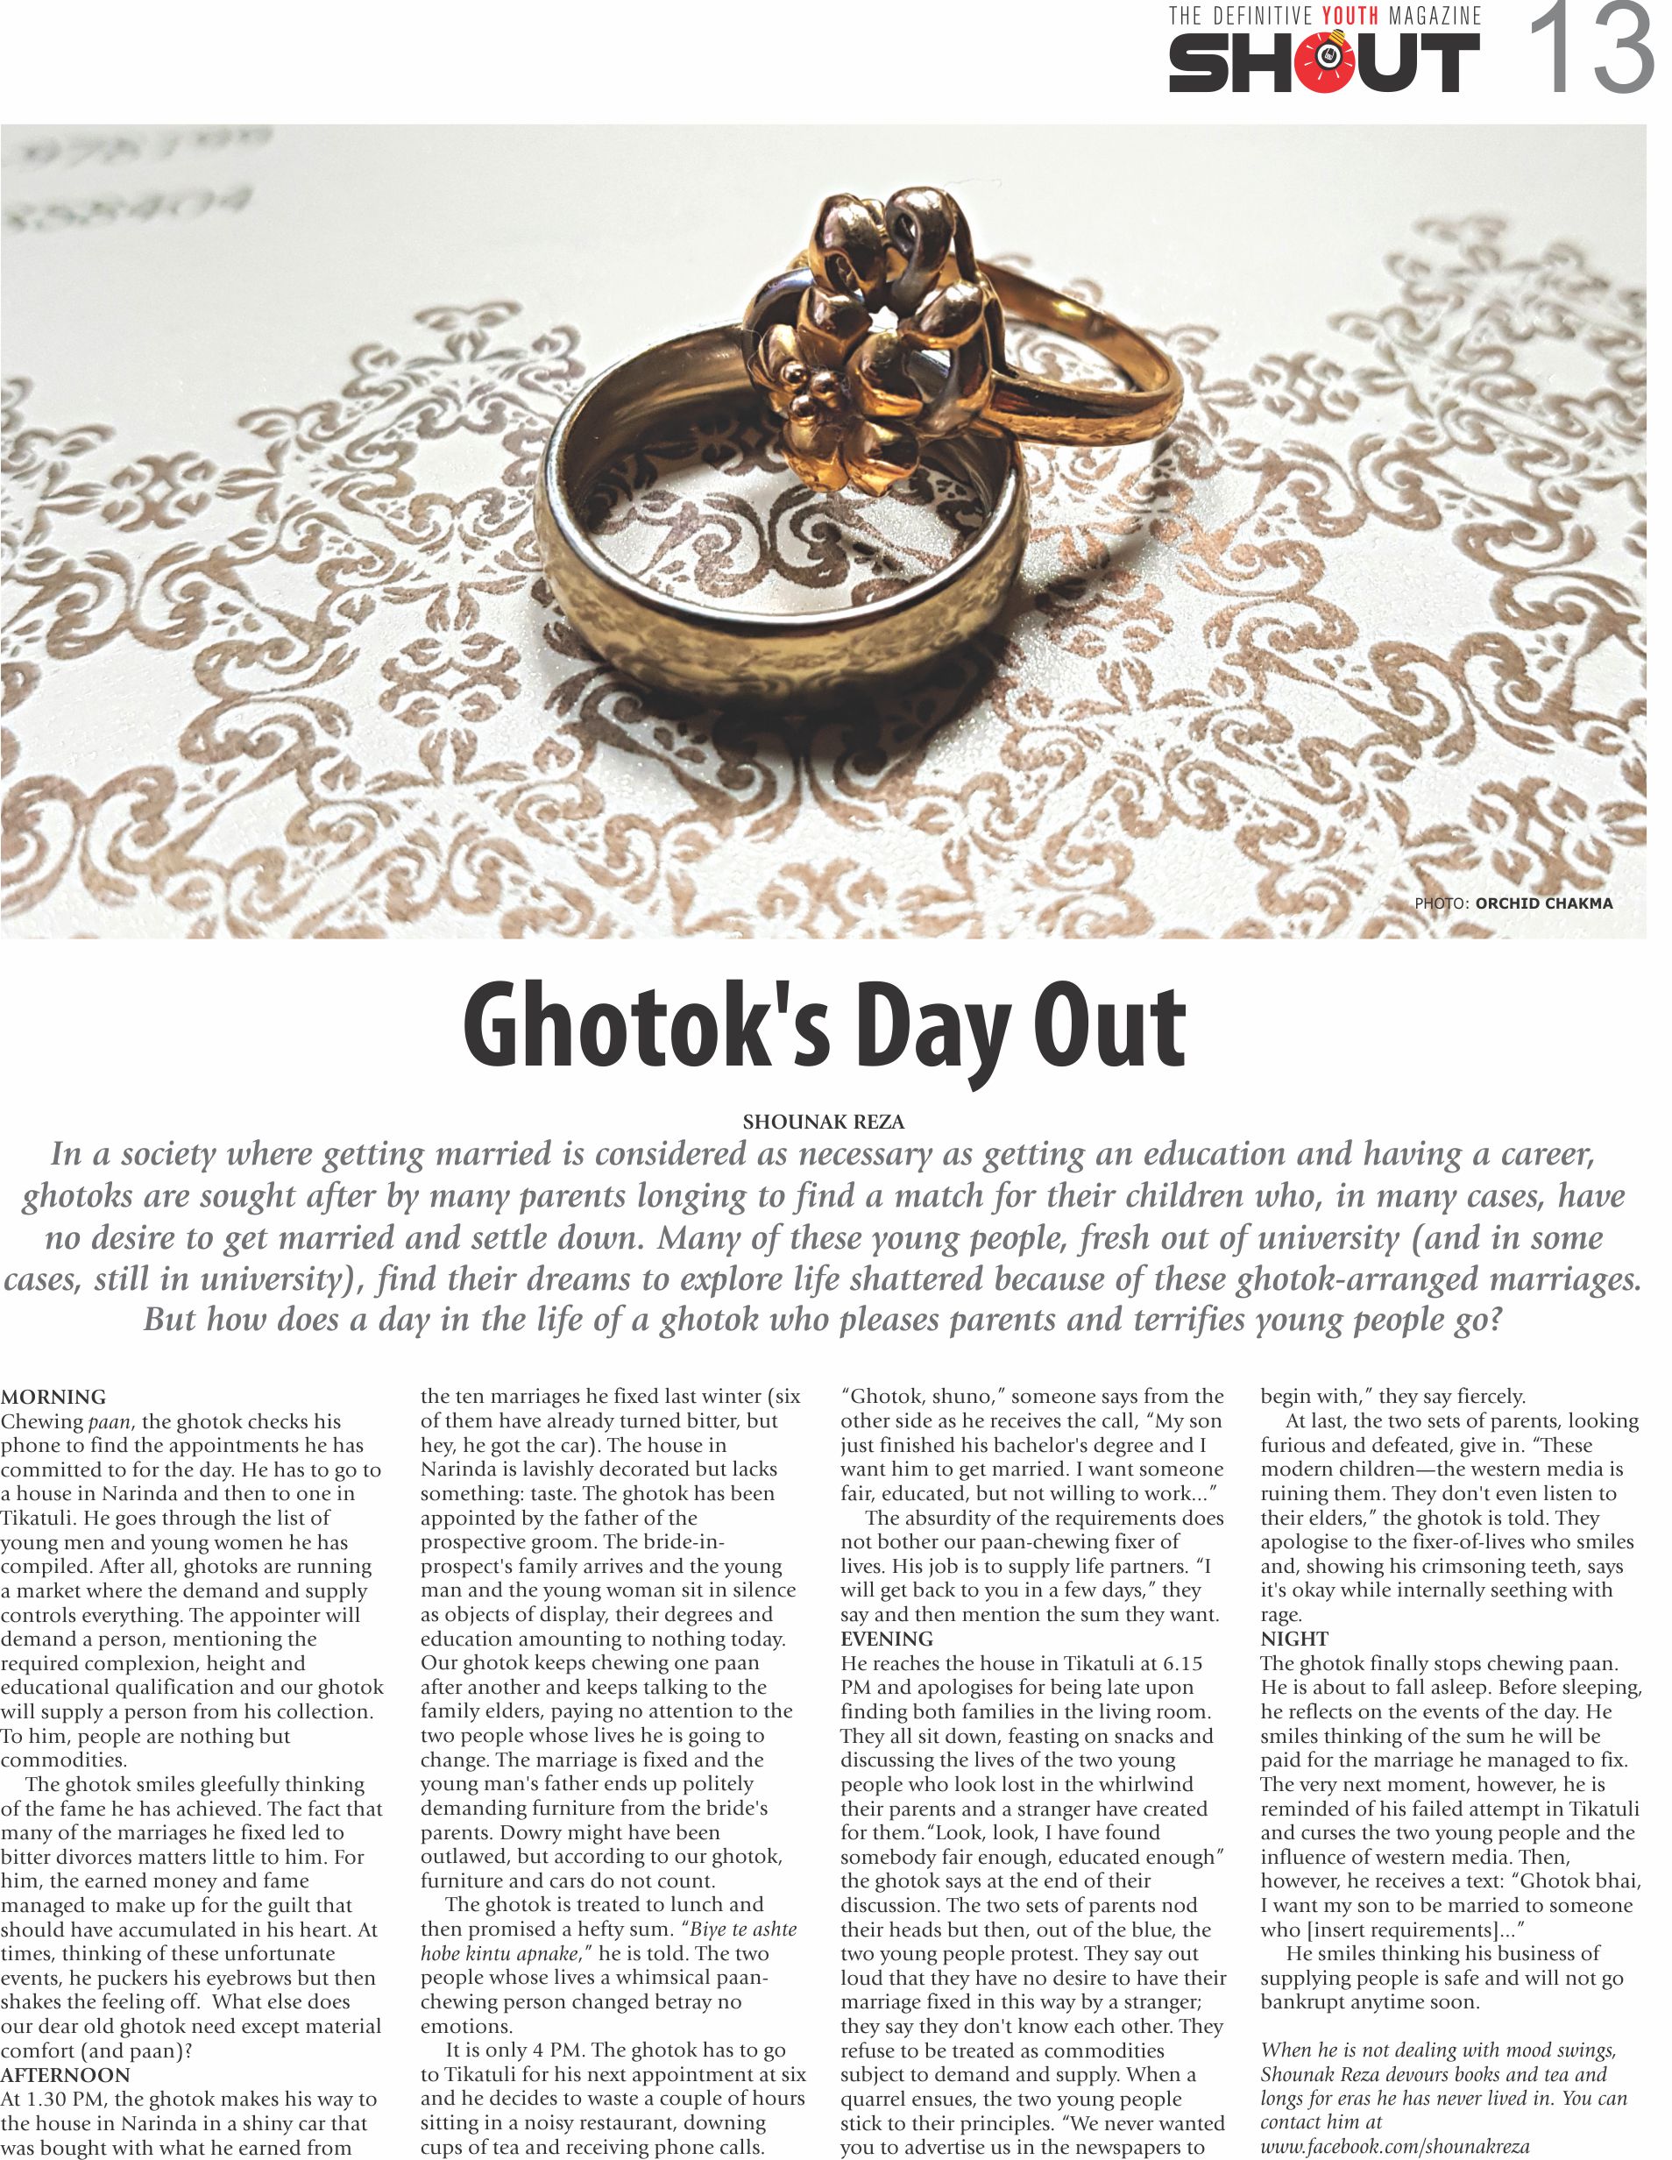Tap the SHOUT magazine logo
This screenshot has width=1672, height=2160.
pos(1324,62)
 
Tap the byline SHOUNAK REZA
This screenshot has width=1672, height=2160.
pos(823,1122)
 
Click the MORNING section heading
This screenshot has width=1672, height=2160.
pos(53,1398)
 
